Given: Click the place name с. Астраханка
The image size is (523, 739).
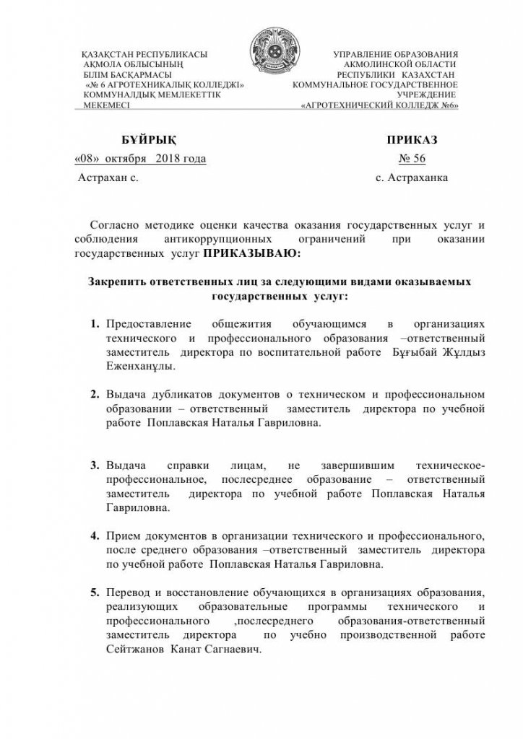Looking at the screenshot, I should click(x=412, y=176).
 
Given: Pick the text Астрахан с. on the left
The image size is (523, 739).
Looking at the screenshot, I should click(x=108, y=176).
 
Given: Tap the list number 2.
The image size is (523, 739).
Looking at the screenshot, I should click(x=95, y=395).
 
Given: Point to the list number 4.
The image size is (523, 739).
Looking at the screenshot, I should click(x=95, y=536).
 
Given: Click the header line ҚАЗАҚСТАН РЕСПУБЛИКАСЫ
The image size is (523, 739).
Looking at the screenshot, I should click(x=145, y=55).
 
